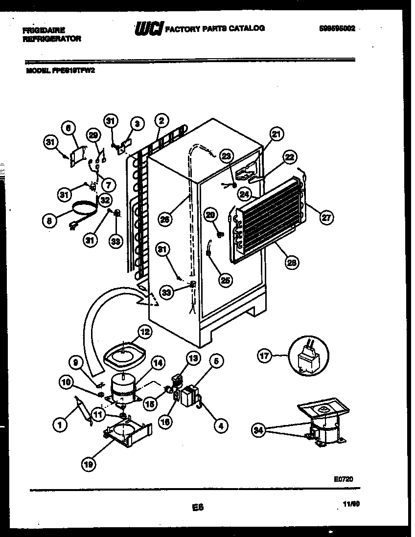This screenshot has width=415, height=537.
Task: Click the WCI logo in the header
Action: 148,29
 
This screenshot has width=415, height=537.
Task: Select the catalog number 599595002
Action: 336,29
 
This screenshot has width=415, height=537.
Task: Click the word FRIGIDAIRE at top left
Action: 44,30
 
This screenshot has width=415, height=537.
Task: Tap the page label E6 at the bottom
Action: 197,508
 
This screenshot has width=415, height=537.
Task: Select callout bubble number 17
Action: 265,356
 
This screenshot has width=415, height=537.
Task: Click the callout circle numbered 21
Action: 277,135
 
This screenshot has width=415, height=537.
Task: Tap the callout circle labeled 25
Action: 226,280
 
